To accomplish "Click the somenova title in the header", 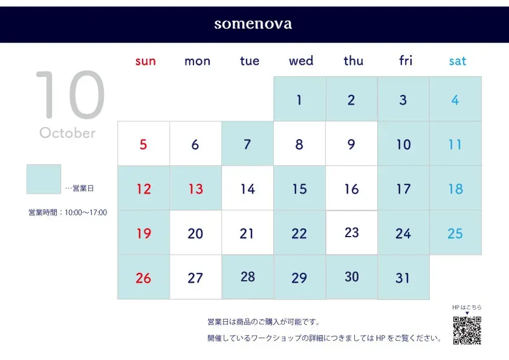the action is (253, 24).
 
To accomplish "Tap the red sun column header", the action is (146, 61).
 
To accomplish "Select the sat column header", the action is (458, 61).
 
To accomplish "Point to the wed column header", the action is (301, 61).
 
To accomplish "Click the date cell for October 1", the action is (300, 99).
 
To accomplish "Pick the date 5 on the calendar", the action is (143, 143).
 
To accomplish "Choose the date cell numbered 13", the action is (196, 188).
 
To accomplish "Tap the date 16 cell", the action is (352, 188).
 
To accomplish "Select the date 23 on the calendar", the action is (352, 232).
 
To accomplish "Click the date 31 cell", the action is (403, 277).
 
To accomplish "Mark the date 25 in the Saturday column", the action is (455, 232).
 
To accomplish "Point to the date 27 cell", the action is (196, 277).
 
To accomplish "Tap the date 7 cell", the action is (248, 143).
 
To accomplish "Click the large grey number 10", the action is (71, 94).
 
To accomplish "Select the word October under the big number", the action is (68, 133).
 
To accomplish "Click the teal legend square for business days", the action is (44, 179).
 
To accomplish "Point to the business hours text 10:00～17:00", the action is (86, 212).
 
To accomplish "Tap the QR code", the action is (467, 330).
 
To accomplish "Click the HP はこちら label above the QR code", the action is (467, 307).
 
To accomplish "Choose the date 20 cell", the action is (196, 232).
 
